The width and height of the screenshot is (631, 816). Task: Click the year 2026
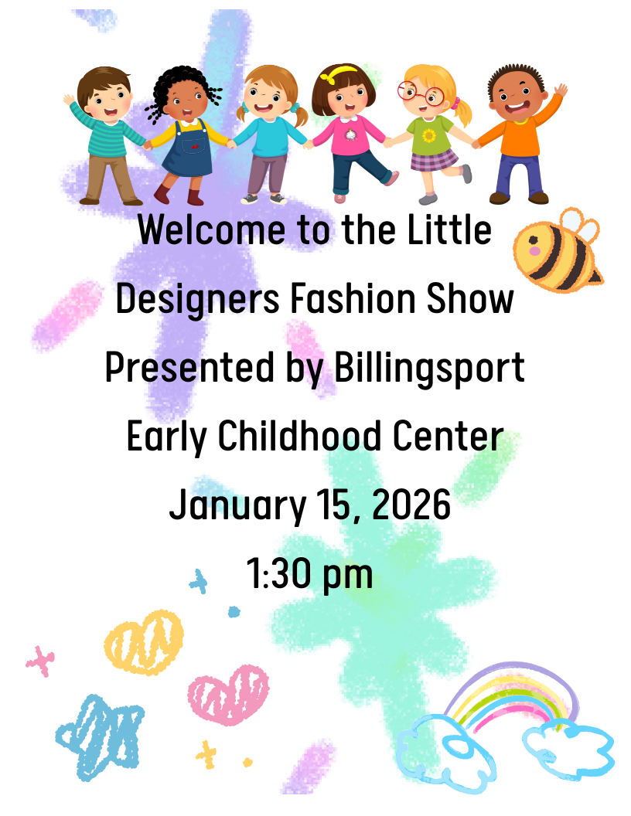(x=411, y=506)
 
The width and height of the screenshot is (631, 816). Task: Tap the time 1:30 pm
(x=309, y=575)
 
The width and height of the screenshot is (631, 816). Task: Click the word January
(x=237, y=507)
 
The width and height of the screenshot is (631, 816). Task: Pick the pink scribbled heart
(x=228, y=693)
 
